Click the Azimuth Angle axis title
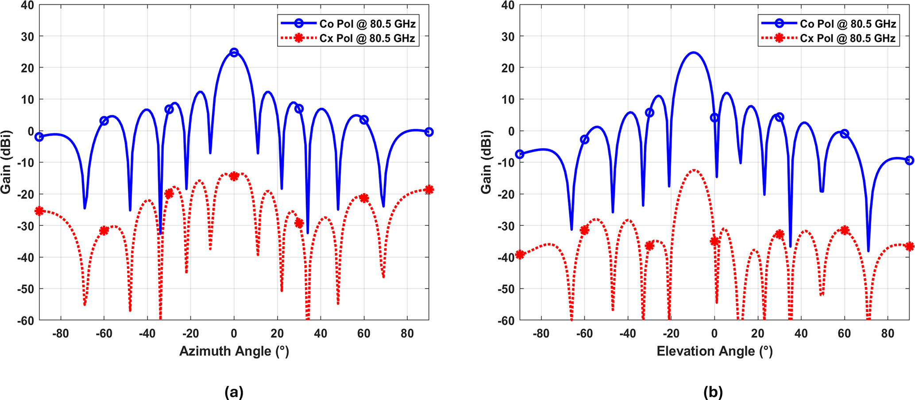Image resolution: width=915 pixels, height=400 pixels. (x=234, y=351)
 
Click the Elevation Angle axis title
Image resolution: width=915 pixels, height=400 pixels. (x=714, y=351)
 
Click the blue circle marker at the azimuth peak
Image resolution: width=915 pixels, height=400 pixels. (x=234, y=52)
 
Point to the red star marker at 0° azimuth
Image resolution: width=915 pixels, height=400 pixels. (x=234, y=176)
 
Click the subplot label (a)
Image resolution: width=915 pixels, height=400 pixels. (x=234, y=392)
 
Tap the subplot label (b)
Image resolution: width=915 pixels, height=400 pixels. (x=713, y=392)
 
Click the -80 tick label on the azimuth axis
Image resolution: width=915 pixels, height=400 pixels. (x=61, y=333)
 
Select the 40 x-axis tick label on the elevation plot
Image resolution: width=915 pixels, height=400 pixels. (x=801, y=333)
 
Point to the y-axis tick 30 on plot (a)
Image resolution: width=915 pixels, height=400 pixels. (x=27, y=36)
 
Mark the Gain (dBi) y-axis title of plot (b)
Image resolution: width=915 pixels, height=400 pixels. (x=486, y=162)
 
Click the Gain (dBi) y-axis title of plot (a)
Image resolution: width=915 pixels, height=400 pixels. (x=6, y=162)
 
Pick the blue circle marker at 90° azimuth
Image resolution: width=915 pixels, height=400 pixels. (x=429, y=132)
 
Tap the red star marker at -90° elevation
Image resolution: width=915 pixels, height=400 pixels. (x=520, y=255)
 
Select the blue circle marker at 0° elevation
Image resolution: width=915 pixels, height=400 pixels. (x=714, y=118)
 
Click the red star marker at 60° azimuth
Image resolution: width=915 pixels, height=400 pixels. (x=364, y=198)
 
